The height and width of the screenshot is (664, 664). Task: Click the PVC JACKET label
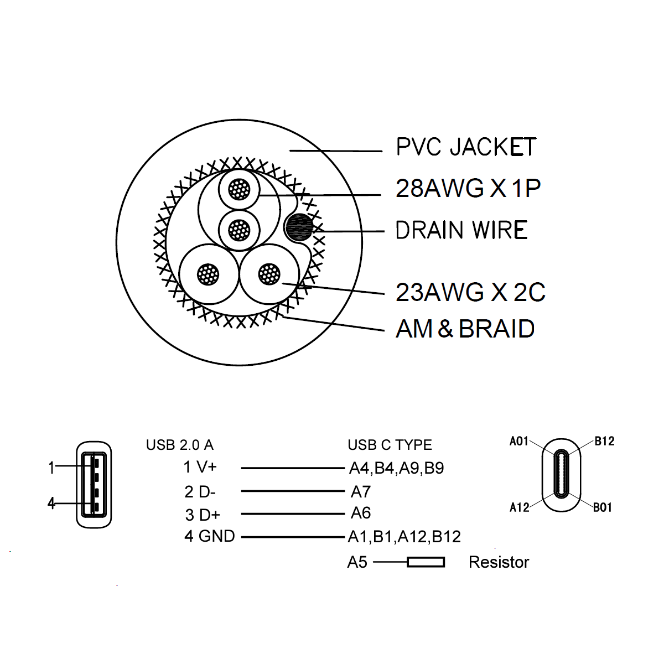(x=466, y=147)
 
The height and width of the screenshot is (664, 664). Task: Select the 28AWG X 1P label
(x=468, y=189)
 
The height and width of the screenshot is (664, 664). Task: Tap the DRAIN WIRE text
(x=461, y=230)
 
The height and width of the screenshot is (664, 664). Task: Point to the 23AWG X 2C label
(x=470, y=292)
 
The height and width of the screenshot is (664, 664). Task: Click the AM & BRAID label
(x=465, y=329)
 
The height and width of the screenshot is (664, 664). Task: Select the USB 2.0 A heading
(x=179, y=445)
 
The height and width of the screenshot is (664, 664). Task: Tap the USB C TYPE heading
(x=390, y=445)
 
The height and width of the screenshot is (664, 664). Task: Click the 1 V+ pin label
(x=200, y=468)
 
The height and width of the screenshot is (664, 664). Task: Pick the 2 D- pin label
(x=200, y=491)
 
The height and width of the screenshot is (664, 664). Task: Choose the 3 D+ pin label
(x=203, y=515)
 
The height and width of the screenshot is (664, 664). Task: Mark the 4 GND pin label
(x=209, y=536)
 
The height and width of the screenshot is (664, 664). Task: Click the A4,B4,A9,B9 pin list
(x=396, y=469)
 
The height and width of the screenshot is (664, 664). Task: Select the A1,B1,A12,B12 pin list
(x=404, y=537)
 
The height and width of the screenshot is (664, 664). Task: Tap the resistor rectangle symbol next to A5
(x=426, y=562)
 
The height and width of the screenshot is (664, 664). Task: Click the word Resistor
(x=499, y=562)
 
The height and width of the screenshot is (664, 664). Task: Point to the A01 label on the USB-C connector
(x=519, y=442)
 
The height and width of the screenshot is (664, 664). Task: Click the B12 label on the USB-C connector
(x=604, y=442)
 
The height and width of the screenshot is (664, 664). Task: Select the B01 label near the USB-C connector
(x=603, y=507)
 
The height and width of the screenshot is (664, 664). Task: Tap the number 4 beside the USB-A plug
(x=51, y=504)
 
